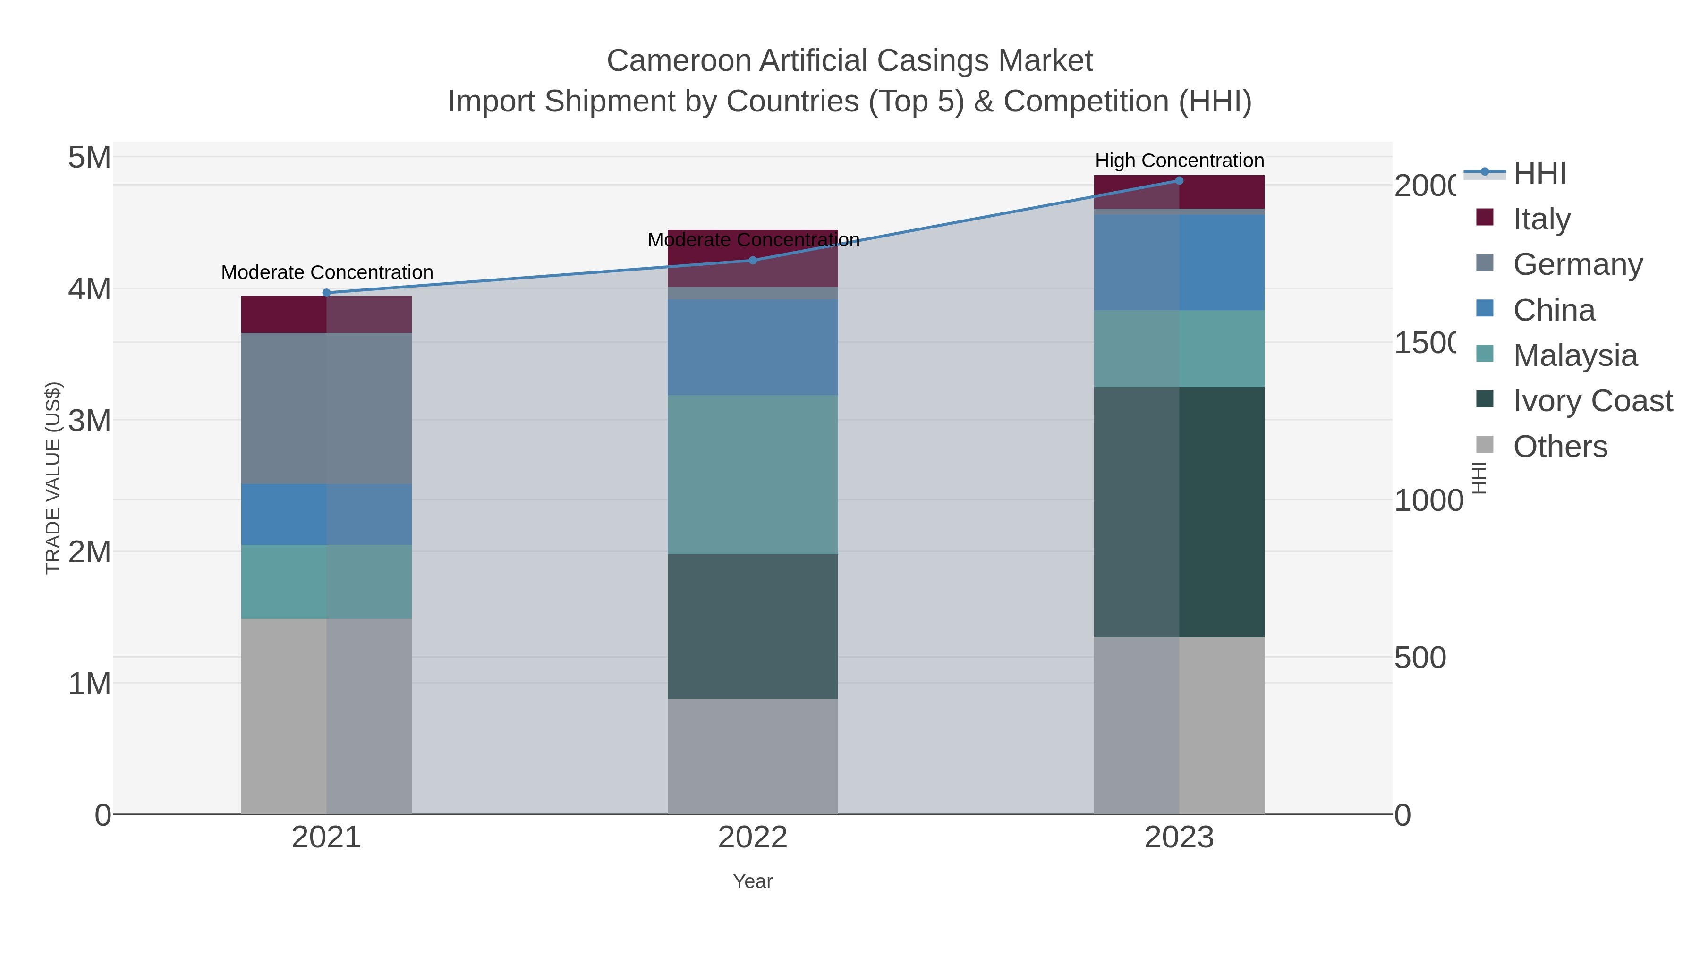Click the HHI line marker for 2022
(x=753, y=260)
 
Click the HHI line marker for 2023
(x=1179, y=181)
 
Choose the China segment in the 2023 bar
(x=1179, y=262)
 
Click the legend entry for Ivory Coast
(x=1592, y=400)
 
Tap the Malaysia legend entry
(x=1574, y=355)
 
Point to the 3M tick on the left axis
(x=90, y=420)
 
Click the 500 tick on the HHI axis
(x=1419, y=658)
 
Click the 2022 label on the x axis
(x=753, y=837)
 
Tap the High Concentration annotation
(x=1179, y=161)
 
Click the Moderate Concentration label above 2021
(x=327, y=272)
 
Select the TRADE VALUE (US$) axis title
(x=53, y=478)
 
